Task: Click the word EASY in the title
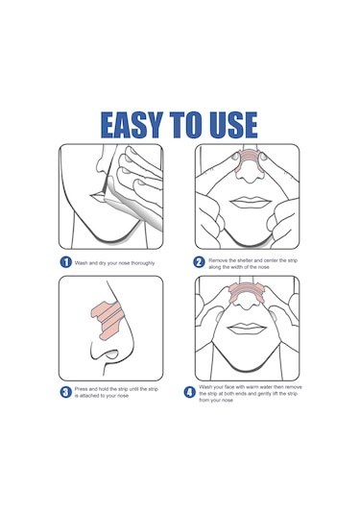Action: click(132, 125)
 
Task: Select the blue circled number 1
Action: click(66, 262)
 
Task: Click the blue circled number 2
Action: click(199, 262)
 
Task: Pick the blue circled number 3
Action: click(66, 392)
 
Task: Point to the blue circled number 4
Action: click(189, 392)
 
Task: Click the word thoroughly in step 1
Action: click(143, 263)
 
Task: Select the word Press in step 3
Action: click(82, 389)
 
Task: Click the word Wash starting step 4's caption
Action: click(205, 387)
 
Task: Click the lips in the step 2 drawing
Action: click(248, 203)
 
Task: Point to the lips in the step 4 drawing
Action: click(246, 329)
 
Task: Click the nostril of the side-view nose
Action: click(110, 355)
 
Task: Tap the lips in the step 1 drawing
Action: click(97, 197)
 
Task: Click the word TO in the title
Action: click(185, 125)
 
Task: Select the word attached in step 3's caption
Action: click(91, 396)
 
